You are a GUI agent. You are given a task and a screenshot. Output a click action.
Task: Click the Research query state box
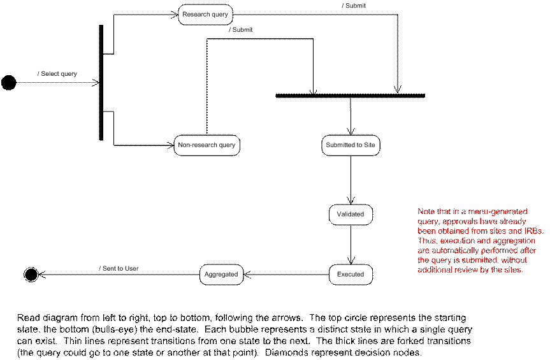point(205,15)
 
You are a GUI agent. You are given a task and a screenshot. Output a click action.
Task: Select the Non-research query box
point(206,145)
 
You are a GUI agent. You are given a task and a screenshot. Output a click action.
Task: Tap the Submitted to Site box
point(351,145)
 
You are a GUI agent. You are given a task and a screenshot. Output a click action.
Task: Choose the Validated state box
point(351,215)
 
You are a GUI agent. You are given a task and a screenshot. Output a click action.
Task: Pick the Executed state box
point(351,275)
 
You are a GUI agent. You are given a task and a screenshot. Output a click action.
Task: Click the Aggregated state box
point(221,275)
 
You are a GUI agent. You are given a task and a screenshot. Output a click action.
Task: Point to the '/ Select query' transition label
point(58,74)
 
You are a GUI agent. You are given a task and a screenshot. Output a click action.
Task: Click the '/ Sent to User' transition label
point(119,269)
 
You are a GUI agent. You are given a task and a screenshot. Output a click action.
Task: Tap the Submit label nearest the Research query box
point(242,30)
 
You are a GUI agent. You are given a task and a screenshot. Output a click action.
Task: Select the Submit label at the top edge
point(354,6)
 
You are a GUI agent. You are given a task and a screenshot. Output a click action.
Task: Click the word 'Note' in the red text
point(426,212)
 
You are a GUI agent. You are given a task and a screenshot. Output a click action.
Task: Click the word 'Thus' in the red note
point(426,241)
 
